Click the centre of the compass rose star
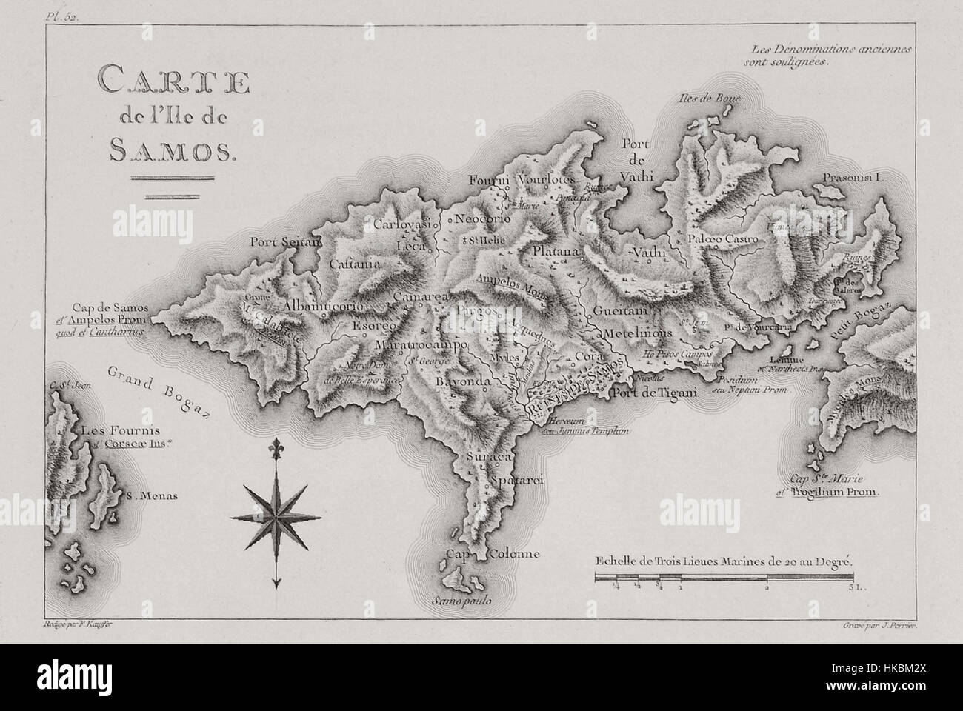click(276, 515)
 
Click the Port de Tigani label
click(654, 393)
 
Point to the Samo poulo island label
click(464, 601)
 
